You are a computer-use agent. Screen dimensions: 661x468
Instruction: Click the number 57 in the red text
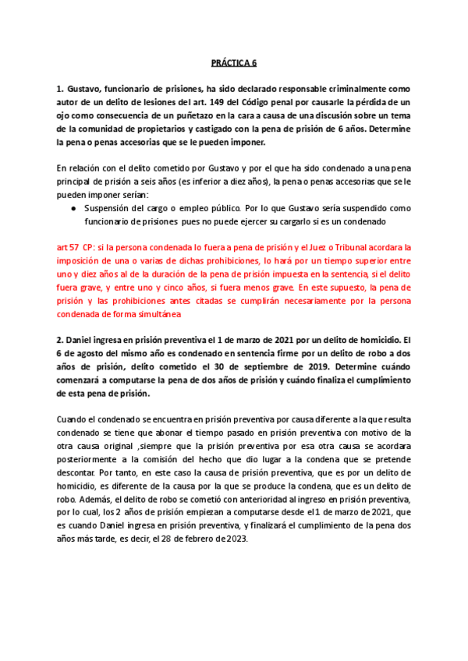[x=76, y=247]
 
